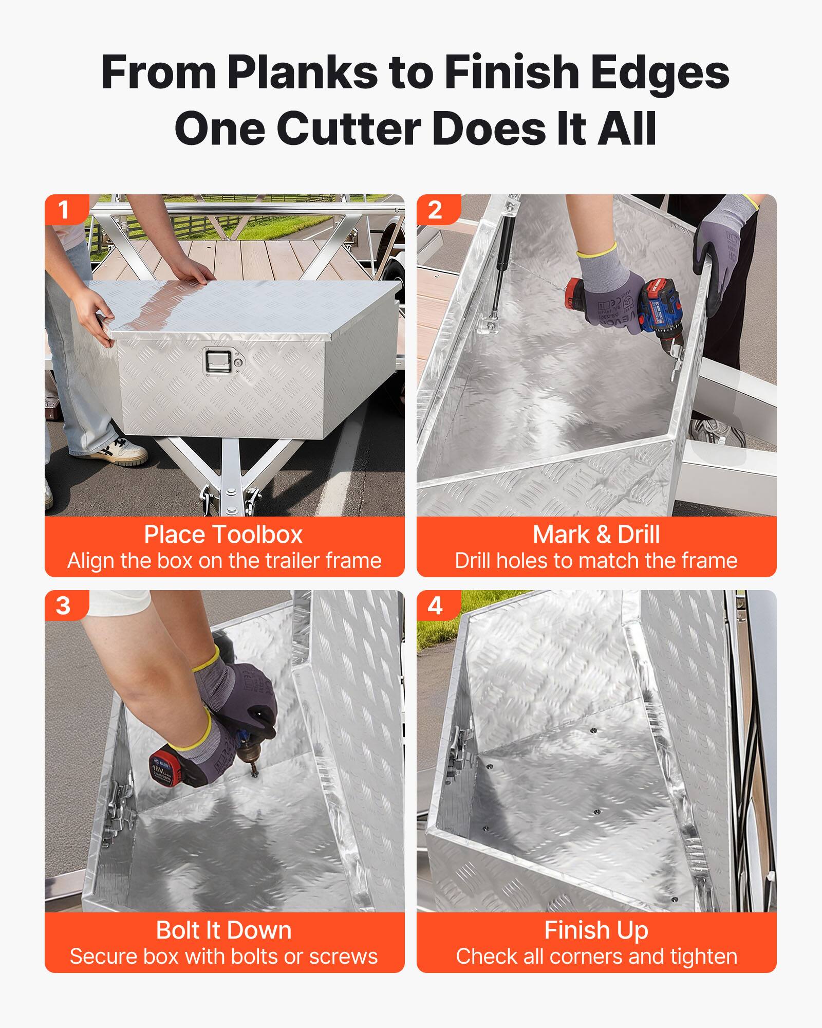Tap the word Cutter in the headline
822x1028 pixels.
349,129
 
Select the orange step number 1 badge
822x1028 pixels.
64,210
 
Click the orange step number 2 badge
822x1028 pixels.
435,210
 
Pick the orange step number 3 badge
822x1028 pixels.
64,605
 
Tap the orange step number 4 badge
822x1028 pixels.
435,605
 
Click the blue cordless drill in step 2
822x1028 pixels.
663,308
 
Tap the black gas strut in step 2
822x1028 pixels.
499,278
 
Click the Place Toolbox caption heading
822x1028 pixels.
223,535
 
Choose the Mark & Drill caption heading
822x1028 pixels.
596,535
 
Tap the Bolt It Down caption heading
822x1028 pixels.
223,930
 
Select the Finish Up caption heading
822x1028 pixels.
596,930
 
